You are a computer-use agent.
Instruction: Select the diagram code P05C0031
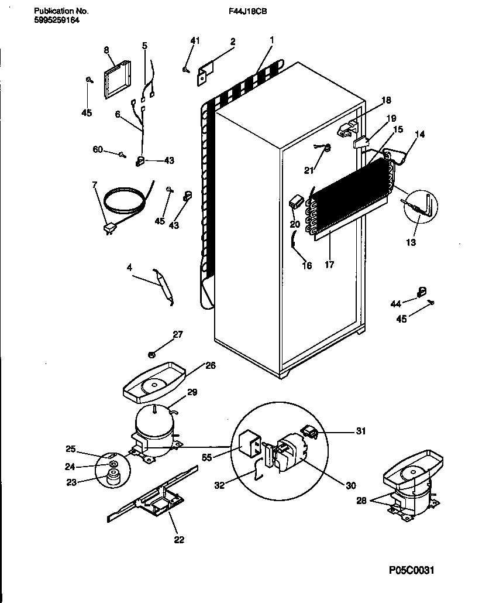click(411, 570)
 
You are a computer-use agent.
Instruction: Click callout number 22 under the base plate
click(179, 539)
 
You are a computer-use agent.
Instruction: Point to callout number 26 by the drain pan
click(211, 366)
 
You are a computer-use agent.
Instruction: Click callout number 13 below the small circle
click(411, 242)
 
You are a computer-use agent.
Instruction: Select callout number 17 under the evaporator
click(329, 265)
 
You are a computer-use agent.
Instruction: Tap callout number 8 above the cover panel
click(106, 50)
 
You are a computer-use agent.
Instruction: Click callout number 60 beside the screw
click(98, 150)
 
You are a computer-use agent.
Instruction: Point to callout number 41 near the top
click(195, 40)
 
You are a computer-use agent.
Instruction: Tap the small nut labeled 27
click(151, 354)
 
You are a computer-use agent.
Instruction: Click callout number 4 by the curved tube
click(129, 268)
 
